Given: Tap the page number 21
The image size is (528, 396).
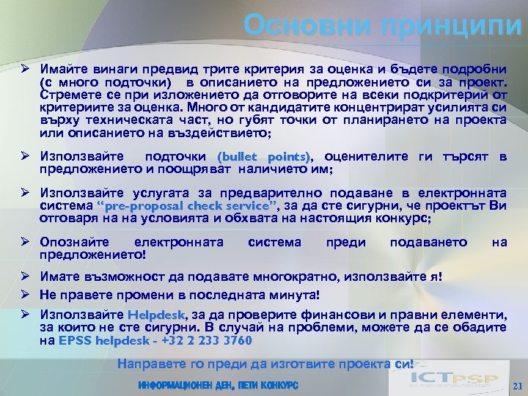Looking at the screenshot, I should (517, 386).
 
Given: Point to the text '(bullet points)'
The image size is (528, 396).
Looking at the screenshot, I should (264, 156).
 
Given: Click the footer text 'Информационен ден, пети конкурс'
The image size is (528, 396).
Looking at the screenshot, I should (218, 385).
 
